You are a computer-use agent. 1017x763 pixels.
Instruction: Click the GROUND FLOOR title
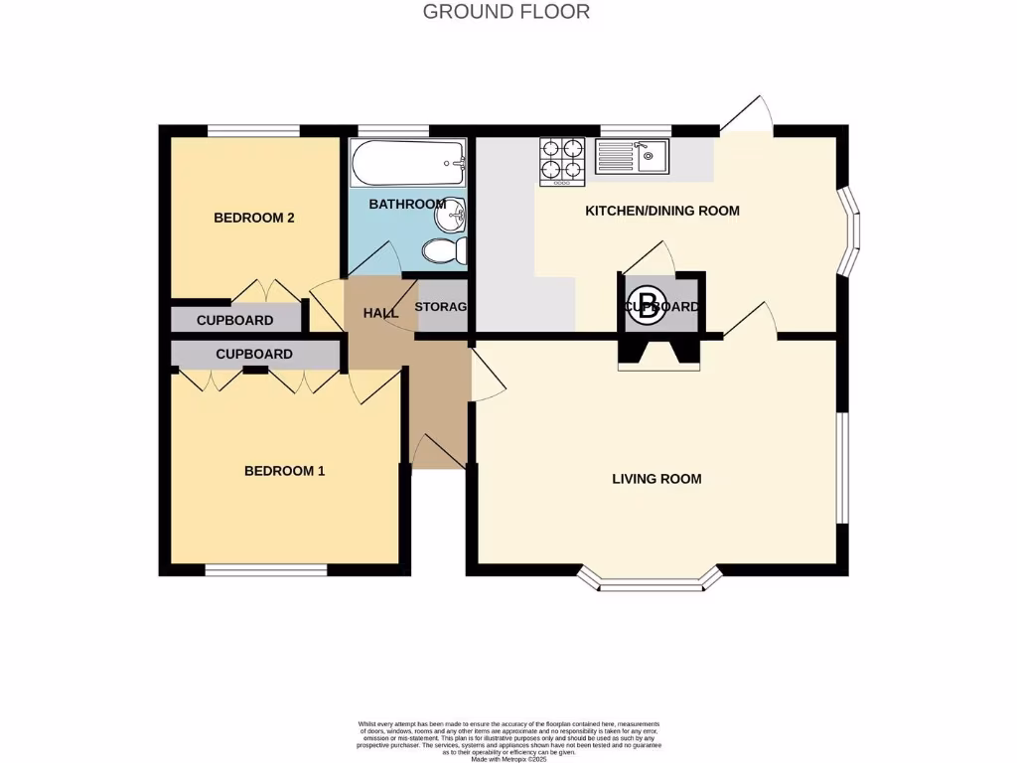[507, 12]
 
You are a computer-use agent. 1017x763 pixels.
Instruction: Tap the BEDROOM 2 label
[254, 218]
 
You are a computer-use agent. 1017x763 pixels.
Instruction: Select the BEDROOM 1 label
[284, 471]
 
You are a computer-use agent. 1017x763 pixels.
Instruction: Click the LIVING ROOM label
[656, 479]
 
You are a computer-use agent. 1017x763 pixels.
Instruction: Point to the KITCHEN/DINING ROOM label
[662, 211]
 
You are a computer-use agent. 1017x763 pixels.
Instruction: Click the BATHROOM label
[406, 204]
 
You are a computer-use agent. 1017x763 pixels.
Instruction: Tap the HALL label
[380, 313]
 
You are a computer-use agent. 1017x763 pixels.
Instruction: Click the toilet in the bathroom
[444, 251]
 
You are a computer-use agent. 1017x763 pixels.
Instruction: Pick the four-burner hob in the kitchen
[562, 161]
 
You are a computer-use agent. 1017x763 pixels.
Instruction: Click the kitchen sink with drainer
[633, 156]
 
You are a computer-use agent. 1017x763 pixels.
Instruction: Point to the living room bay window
[650, 581]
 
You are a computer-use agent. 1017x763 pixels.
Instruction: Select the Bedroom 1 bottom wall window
[266, 570]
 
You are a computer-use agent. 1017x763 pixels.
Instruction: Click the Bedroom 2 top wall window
[253, 130]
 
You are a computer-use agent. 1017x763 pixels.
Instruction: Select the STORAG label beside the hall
[440, 307]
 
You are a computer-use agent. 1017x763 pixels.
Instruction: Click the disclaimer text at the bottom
[508, 740]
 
